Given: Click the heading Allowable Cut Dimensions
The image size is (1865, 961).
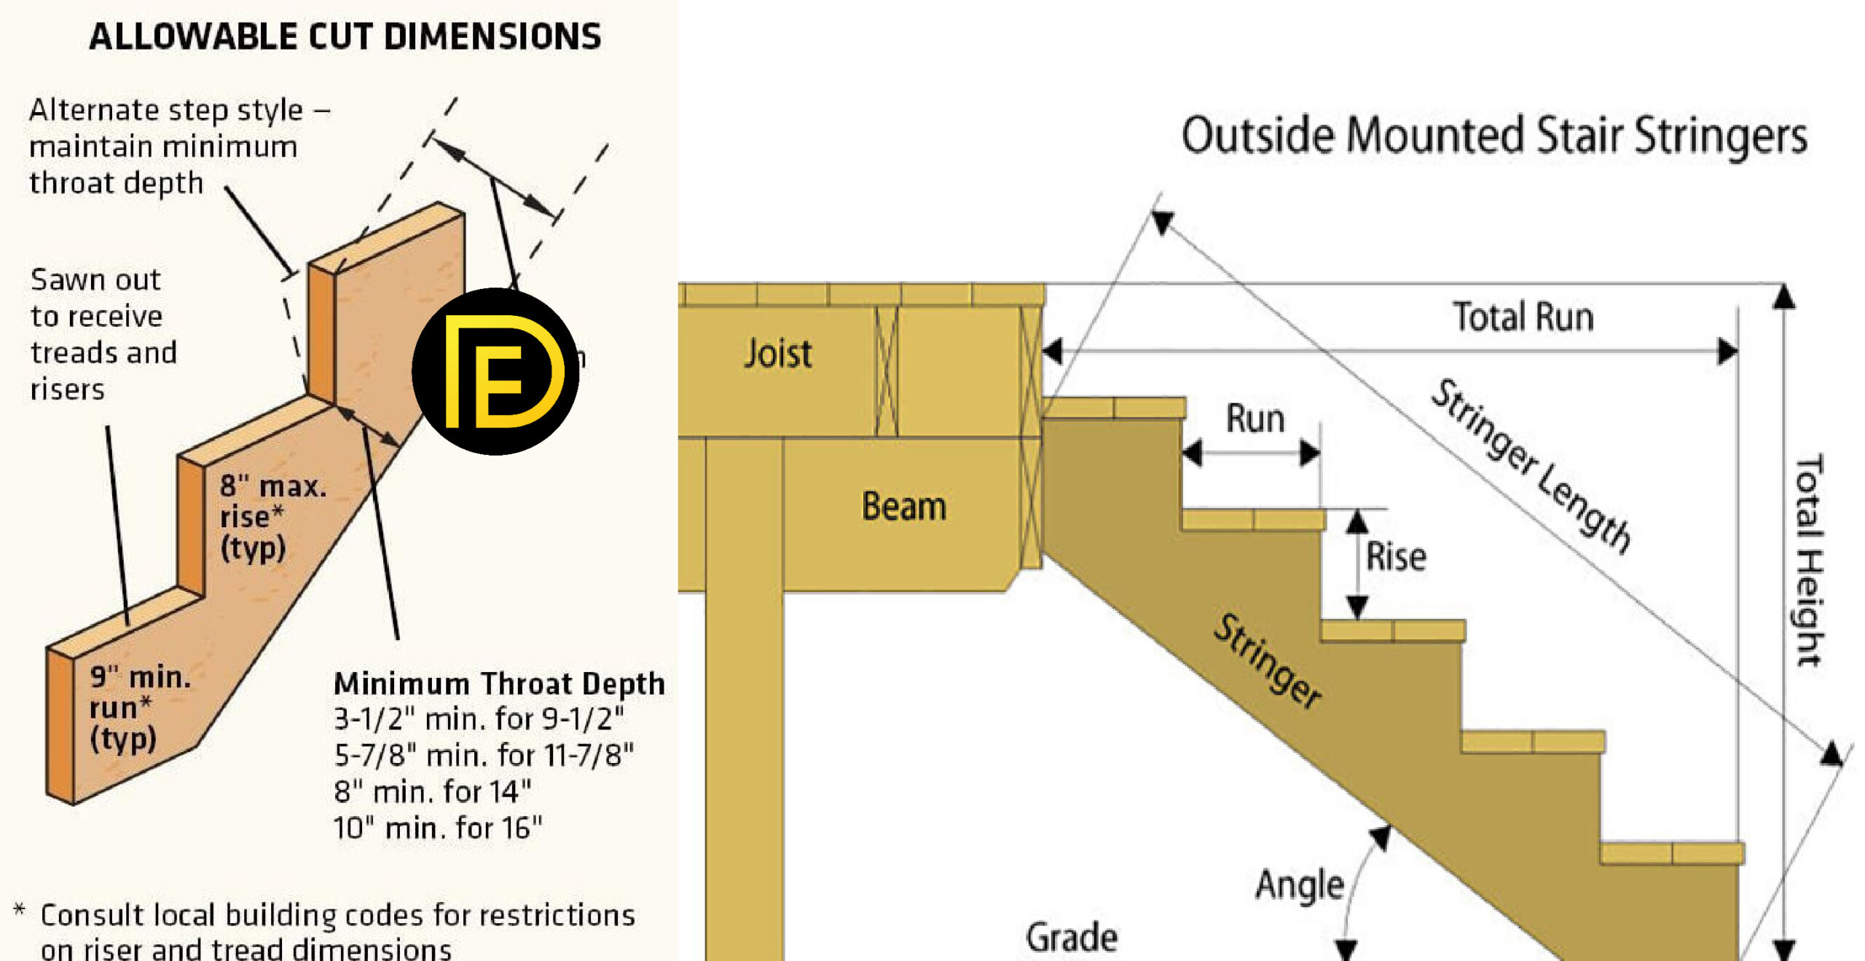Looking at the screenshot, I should pyautogui.click(x=345, y=36).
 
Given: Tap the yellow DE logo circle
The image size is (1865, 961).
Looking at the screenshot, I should pyautogui.click(x=495, y=371).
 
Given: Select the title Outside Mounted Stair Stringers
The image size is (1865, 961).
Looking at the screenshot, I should pyautogui.click(x=1493, y=136).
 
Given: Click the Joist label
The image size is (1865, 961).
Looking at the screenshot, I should pyautogui.click(x=777, y=354).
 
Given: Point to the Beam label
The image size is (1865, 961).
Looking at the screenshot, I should pyautogui.click(x=903, y=506).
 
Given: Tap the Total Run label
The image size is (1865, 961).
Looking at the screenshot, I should pyautogui.click(x=1523, y=317).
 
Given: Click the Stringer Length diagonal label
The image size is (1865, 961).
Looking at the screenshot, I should pyautogui.click(x=1530, y=466).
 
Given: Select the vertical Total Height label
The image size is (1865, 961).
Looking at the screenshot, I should pyautogui.click(x=1808, y=561).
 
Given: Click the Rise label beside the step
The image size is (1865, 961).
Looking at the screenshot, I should pyautogui.click(x=1395, y=557).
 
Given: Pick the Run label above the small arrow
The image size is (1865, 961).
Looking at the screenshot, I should pyautogui.click(x=1255, y=419).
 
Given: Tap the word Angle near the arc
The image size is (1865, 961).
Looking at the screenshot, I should pyautogui.click(x=1299, y=885).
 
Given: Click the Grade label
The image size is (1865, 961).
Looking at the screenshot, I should pyautogui.click(x=1071, y=938).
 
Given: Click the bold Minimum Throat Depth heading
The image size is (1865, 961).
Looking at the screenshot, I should pyautogui.click(x=499, y=684).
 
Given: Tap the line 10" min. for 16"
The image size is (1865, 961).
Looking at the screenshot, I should pyautogui.click(x=437, y=828).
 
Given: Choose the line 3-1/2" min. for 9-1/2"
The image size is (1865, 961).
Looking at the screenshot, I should pyautogui.click(x=479, y=719).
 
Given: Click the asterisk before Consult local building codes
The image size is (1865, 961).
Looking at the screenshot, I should pyautogui.click(x=20, y=910).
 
